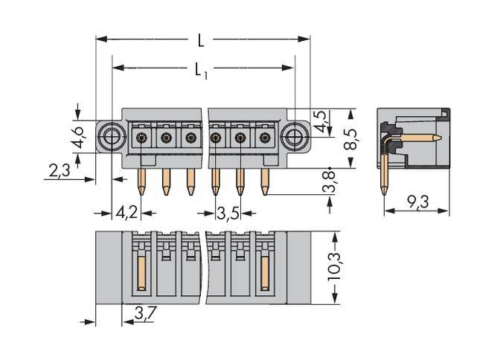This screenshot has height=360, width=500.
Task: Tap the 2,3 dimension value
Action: pyautogui.click(x=59, y=171)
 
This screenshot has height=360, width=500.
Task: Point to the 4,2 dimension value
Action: pyautogui.click(x=126, y=213)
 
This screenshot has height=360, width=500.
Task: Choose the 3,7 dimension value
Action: pyautogui.click(x=145, y=315)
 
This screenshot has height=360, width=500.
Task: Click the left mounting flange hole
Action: pyautogui.click(x=112, y=136)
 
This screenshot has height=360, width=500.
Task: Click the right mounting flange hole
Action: pyautogui.click(x=295, y=136)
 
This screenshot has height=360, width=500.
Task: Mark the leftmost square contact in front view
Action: pyautogui.click(x=142, y=137)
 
